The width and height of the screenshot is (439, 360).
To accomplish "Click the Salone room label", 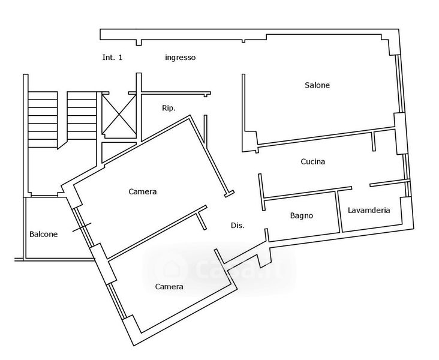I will pos(317,85).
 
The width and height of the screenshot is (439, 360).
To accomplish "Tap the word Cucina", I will pos(312,161).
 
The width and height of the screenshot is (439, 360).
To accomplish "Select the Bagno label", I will pos(302,215).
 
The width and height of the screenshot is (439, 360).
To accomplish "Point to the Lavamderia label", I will pos(369,210).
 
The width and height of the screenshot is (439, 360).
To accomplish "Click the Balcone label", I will pos(44,234).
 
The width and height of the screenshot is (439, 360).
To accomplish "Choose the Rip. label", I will pos(169,109).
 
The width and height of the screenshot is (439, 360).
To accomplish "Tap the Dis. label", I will pos(237,226).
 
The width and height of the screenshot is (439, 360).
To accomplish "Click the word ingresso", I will pos(181,58).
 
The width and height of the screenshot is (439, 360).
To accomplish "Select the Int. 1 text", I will pos(112,58).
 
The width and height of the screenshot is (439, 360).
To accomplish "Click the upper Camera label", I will pos(143,192).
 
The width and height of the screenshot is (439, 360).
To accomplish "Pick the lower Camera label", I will pos(169,286).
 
